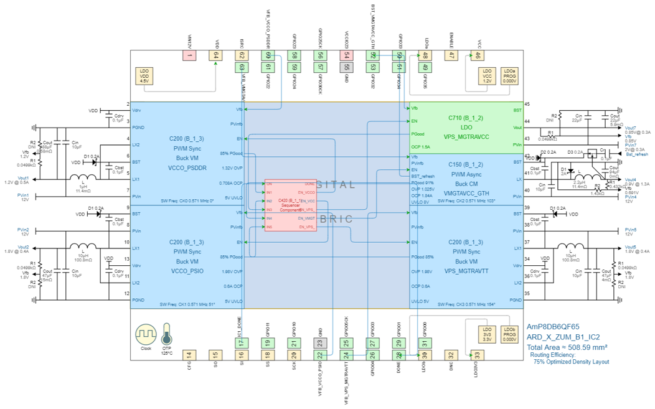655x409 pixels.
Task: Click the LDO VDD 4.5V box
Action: point(144,76)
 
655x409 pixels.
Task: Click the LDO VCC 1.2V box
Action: point(487,76)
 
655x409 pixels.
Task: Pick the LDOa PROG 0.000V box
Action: point(509,76)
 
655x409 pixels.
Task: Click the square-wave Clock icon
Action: point(146,334)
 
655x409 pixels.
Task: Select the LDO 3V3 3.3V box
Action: point(487,334)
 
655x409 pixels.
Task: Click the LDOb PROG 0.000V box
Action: point(509,334)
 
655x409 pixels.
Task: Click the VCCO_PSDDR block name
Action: point(187,167)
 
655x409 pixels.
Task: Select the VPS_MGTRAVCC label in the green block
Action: point(466,136)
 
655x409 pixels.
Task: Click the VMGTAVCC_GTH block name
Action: point(466,193)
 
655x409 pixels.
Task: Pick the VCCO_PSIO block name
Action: point(187,271)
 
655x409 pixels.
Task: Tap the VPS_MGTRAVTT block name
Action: point(466,271)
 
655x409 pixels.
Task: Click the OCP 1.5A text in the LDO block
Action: point(420,147)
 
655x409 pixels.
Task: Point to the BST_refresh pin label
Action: point(423,176)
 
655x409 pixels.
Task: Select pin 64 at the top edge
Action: point(215,55)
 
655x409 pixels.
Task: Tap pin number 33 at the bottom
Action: point(476,355)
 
